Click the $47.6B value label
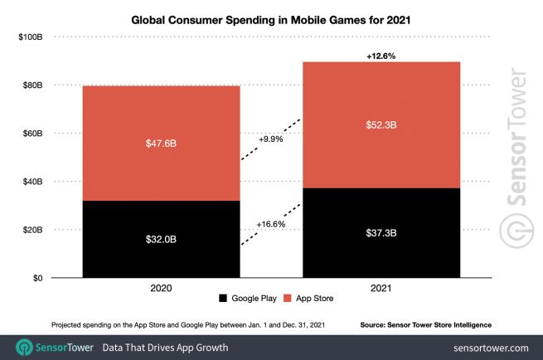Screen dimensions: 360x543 click(162, 143)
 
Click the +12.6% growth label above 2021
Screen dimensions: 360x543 click(381, 55)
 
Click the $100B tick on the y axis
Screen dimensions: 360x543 click(32, 37)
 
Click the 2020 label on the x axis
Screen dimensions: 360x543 click(162, 289)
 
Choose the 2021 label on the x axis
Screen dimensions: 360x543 click(381, 289)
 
